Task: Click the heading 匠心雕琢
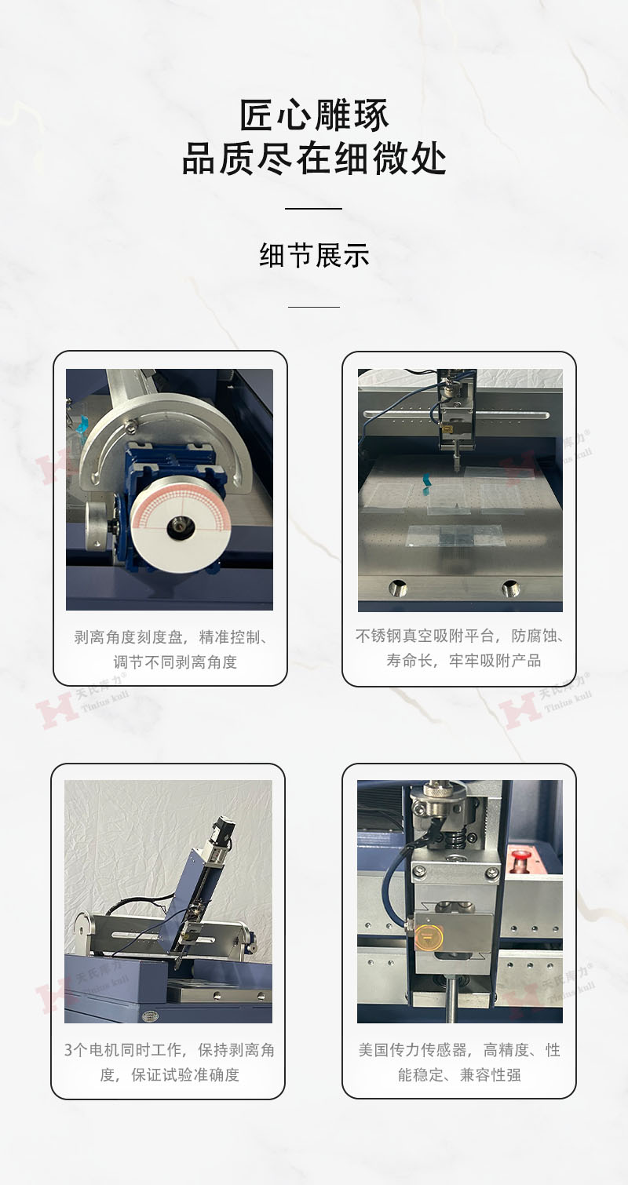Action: point(314,115)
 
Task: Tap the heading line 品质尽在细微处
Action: point(314,159)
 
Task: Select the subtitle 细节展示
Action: point(314,255)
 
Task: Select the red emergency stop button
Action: point(520,858)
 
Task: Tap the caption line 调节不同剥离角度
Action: point(175,662)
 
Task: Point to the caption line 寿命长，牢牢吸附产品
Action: point(463,660)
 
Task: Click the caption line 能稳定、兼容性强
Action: point(459,1074)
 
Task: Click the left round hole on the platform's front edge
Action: point(398,587)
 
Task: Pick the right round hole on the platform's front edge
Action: point(510,587)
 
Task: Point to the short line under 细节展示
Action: point(314,307)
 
